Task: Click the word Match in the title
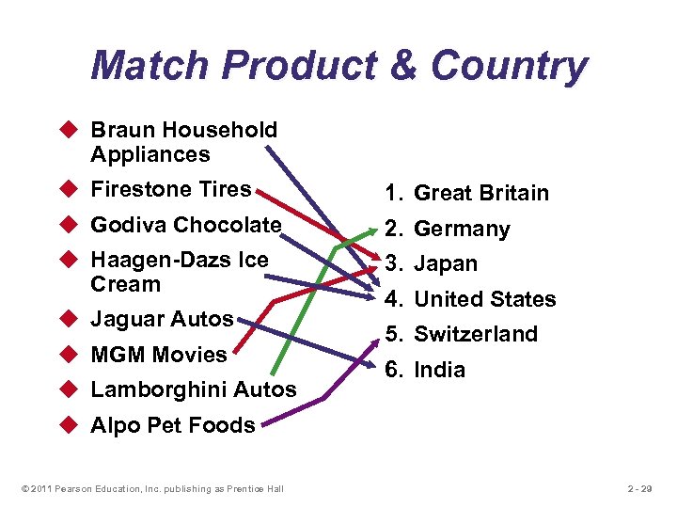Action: coord(150,66)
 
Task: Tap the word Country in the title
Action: coord(509,66)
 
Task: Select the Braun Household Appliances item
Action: coord(183,142)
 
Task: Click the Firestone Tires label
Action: coord(170,189)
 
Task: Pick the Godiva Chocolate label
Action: coord(185,225)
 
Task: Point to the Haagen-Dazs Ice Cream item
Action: coord(179,272)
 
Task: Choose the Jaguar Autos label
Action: coord(161,319)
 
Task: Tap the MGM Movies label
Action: coord(158,355)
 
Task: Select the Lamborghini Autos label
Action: coord(193,389)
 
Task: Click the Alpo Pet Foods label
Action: coord(172,425)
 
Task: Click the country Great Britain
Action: coord(480,193)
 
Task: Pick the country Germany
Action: coord(462,229)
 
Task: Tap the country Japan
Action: coord(446,264)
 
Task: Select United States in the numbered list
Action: coord(484,299)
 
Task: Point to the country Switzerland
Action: coord(476,334)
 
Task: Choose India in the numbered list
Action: coord(439,370)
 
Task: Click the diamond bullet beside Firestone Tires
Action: coord(71,190)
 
